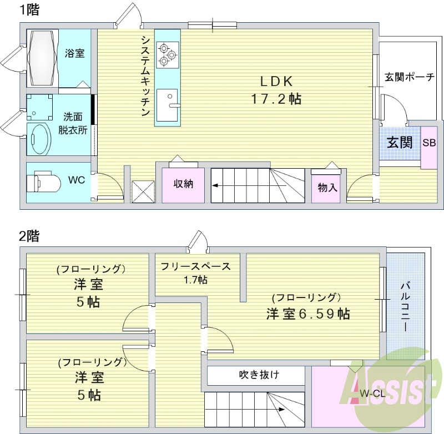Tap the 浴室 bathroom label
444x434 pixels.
75,53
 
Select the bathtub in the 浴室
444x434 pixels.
42,57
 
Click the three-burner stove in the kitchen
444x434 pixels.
167,54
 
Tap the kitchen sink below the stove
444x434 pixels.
167,104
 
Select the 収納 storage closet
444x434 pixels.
183,184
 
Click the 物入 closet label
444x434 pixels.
327,187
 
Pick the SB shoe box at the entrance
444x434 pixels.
429,143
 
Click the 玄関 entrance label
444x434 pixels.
400,142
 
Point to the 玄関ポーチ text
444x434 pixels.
410,77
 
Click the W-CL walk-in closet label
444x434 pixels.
371,393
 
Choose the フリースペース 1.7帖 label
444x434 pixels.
195,272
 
